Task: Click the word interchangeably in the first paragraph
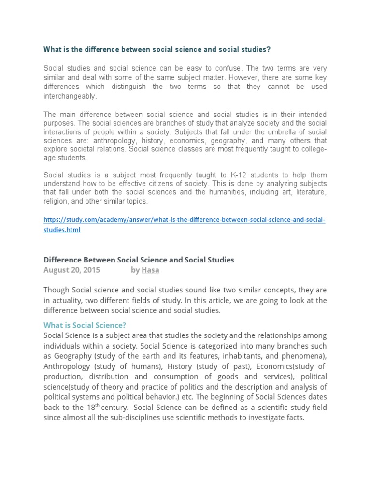tap(70, 96)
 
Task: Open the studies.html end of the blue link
tap(62, 230)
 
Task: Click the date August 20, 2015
tap(71, 270)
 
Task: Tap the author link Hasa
tap(150, 270)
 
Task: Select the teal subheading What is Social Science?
tap(85, 325)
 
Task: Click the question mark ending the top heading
tap(269, 50)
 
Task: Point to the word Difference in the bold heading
tap(62, 260)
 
